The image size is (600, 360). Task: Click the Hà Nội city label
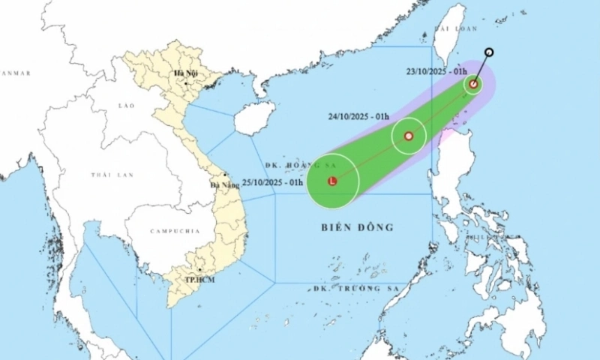pos(184,73)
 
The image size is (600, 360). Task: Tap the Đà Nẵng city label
pos(224,184)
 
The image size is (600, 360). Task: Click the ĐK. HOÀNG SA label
pos(293,165)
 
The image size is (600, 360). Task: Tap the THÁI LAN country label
pos(112,175)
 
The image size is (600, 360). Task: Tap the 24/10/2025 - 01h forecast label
pos(358,117)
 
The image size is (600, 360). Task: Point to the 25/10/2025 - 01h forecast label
pos(272,182)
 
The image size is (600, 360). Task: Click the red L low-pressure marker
pos(332,181)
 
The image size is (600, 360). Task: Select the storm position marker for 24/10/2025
pos(409,136)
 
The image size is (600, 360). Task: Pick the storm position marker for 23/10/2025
pos(473,84)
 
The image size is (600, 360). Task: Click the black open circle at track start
pos(489,52)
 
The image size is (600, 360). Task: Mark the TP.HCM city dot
pos(200,271)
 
